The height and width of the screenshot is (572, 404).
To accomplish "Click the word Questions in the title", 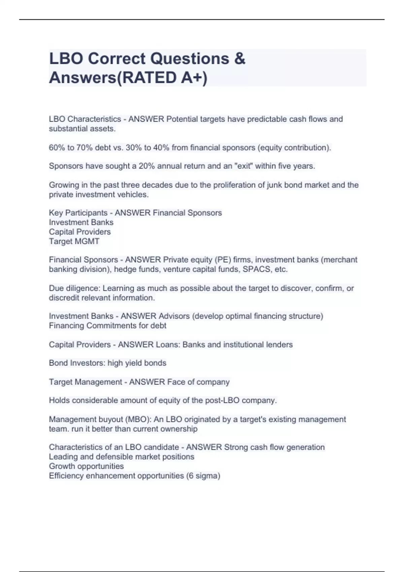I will (x=189, y=59).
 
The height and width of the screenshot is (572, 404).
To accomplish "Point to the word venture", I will (x=177, y=270).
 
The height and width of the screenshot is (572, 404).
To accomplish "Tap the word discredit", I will (x=63, y=298).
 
